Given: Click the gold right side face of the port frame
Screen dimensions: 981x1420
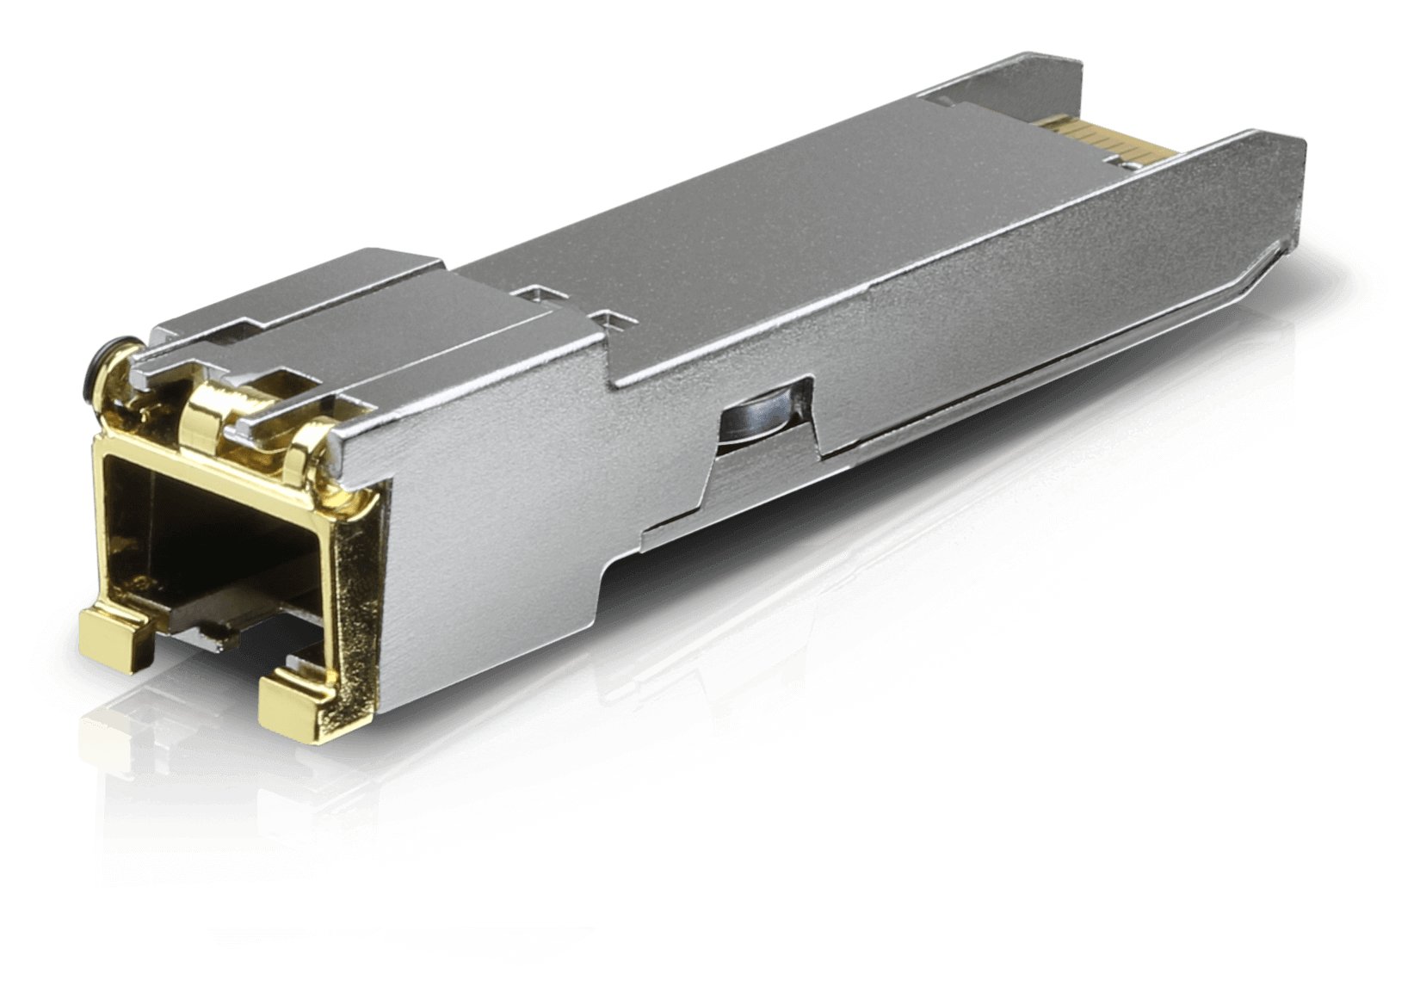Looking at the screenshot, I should point(354,602).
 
